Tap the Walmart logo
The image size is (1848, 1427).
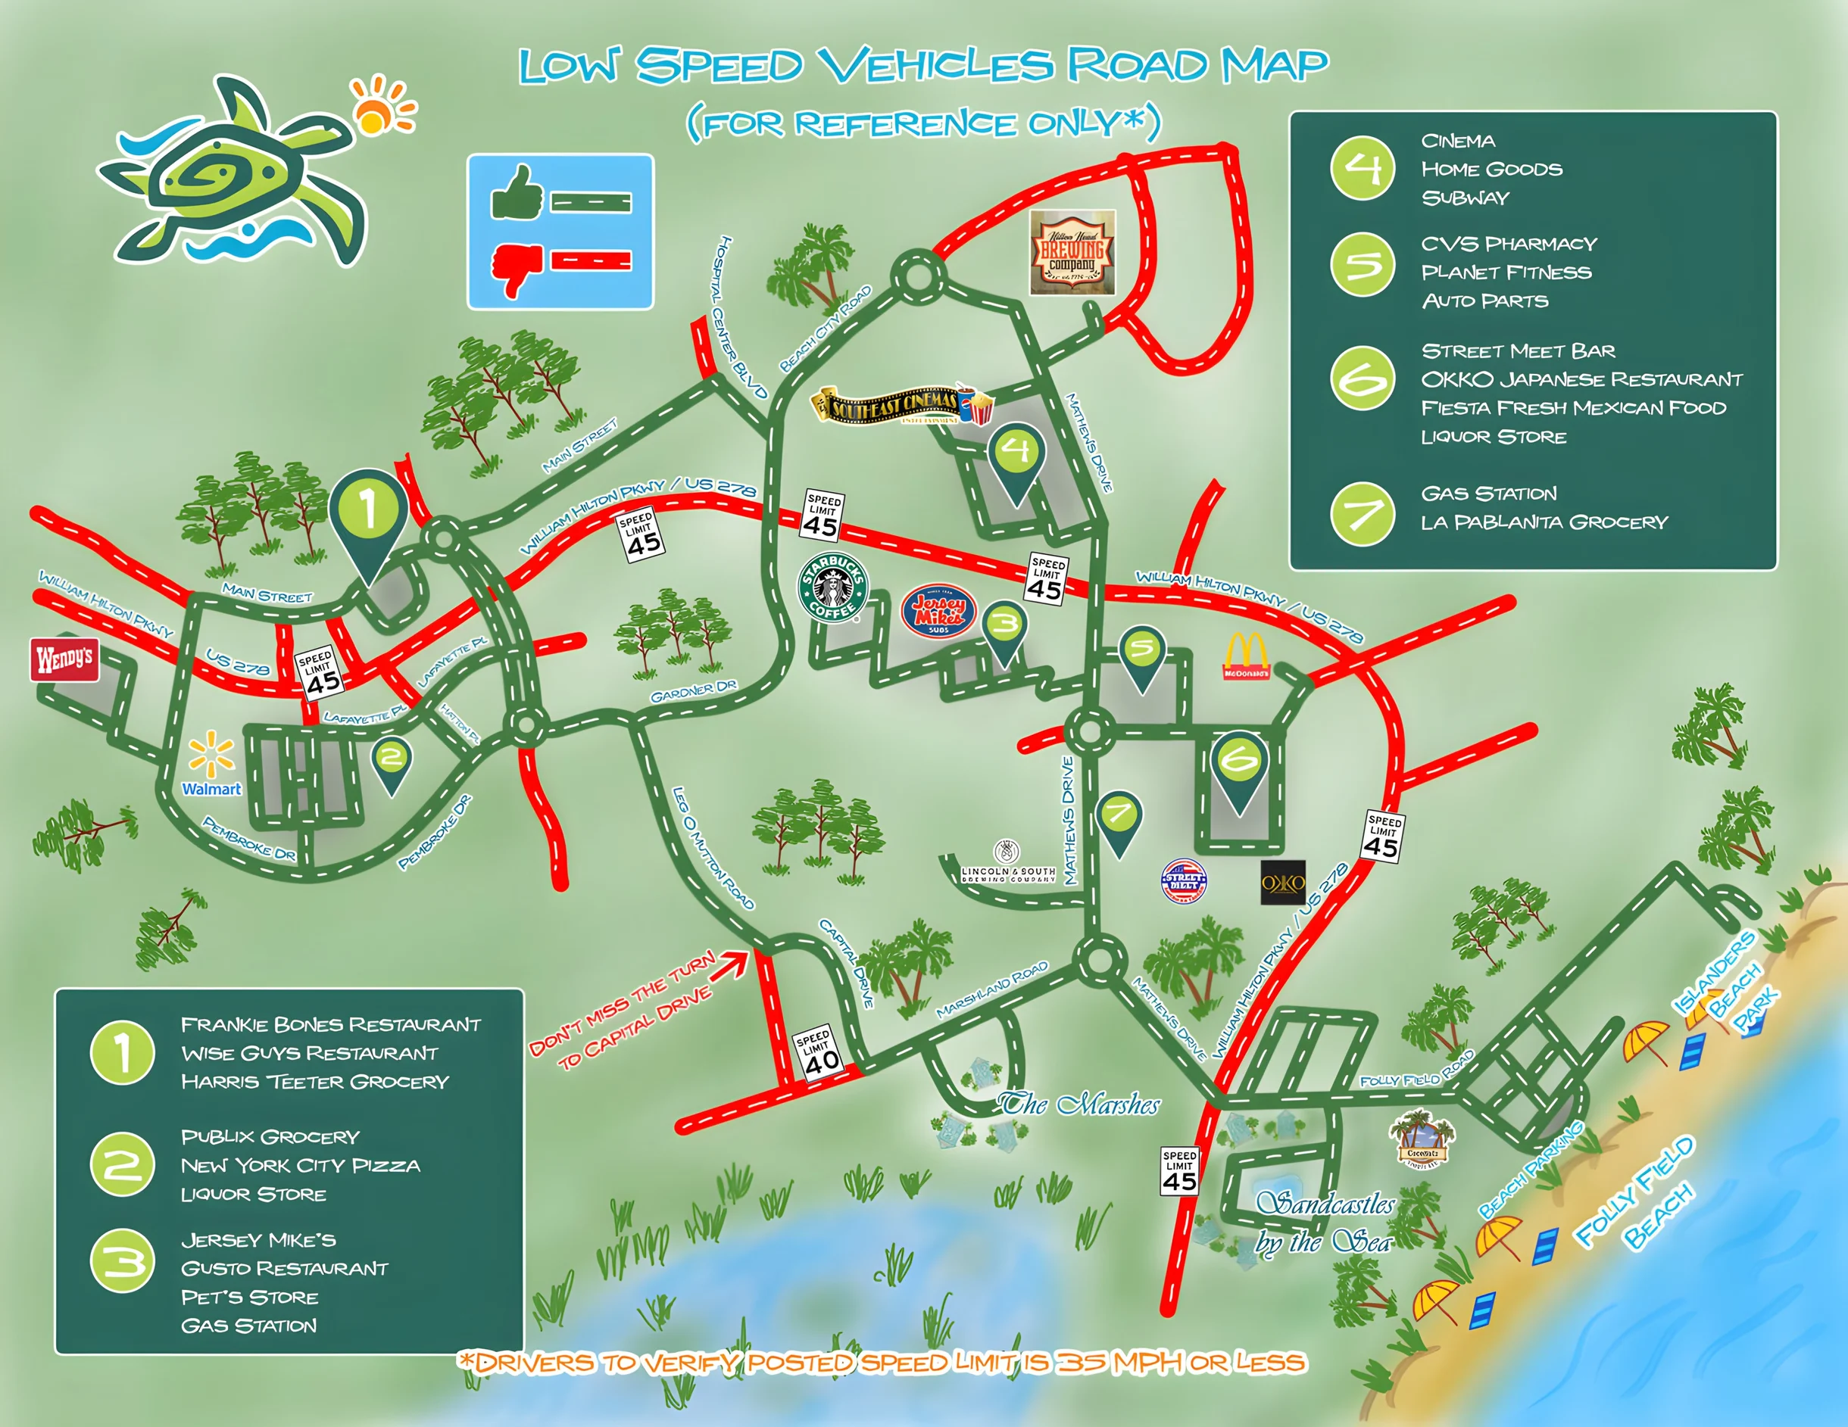pos(211,765)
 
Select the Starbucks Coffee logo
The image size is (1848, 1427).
pos(832,587)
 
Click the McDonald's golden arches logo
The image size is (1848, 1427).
pos(1247,656)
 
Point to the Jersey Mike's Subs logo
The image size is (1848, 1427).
pos(938,610)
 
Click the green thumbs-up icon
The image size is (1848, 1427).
pos(517,193)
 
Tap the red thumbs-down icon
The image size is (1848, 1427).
pos(517,266)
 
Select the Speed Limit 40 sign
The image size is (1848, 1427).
pos(818,1052)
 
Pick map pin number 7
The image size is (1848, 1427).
pos(1119,821)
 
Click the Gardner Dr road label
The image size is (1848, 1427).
pos(693,691)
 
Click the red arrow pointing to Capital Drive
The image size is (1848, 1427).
pos(729,965)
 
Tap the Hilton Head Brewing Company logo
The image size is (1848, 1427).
pos(1072,252)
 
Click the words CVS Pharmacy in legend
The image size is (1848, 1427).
pos(1509,244)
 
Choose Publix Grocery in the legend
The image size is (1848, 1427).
pos(271,1136)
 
